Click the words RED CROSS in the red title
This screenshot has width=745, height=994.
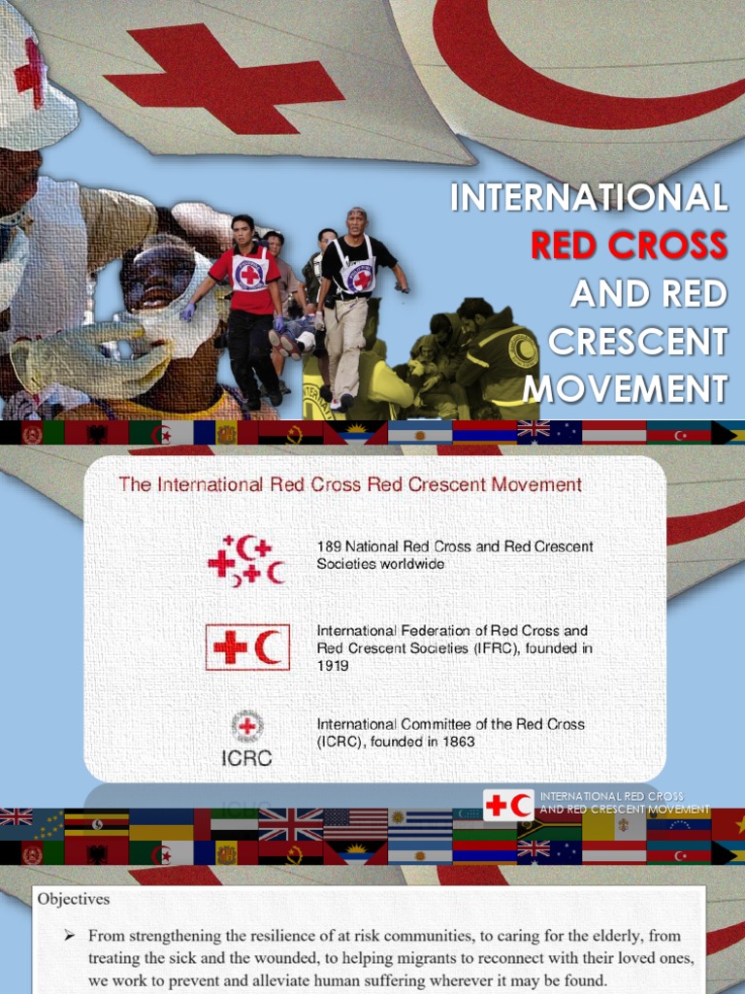pyautogui.click(x=629, y=245)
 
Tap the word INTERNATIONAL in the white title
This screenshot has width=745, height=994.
pyautogui.click(x=589, y=197)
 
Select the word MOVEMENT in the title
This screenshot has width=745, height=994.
pyautogui.click(x=626, y=388)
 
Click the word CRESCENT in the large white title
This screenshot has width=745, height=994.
pyautogui.click(x=637, y=341)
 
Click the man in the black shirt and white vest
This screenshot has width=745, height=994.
pyautogui.click(x=354, y=291)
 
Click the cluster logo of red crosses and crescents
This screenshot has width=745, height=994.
pyautogui.click(x=246, y=560)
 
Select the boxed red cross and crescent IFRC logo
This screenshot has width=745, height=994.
pyautogui.click(x=246, y=647)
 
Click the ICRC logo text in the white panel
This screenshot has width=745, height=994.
pyautogui.click(x=247, y=757)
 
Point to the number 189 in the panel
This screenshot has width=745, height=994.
pyautogui.click(x=329, y=547)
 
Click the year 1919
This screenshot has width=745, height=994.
pyautogui.click(x=333, y=666)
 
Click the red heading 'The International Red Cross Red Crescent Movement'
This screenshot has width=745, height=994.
pyautogui.click(x=350, y=483)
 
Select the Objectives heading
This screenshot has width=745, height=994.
pyautogui.click(x=74, y=899)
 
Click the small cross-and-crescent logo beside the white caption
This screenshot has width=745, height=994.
pyautogui.click(x=507, y=805)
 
